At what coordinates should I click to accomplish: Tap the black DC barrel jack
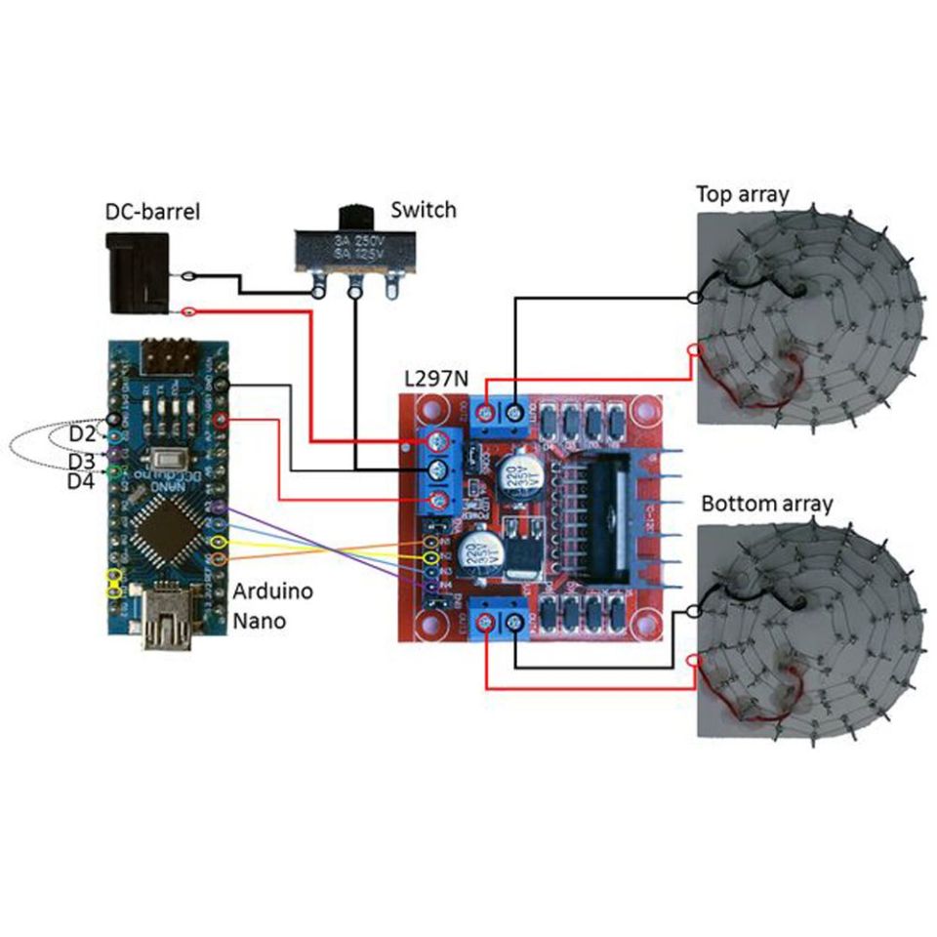click(x=136, y=273)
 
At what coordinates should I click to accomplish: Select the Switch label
click(x=423, y=210)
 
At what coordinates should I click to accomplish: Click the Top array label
click(x=742, y=193)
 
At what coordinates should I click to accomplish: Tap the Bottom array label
click(x=767, y=504)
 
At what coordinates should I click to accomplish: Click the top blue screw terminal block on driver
click(x=501, y=417)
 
